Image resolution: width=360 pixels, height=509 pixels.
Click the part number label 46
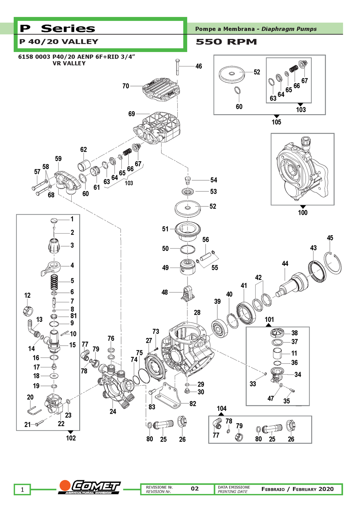click(x=199, y=66)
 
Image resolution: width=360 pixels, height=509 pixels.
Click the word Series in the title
click(x=68, y=28)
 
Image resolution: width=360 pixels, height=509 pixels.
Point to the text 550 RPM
click(x=226, y=42)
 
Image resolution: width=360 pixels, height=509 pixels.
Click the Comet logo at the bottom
click(x=90, y=487)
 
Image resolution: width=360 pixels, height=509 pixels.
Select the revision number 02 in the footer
click(x=195, y=489)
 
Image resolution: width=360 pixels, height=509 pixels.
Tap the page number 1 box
click(x=22, y=490)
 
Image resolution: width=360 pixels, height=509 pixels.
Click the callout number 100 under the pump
click(x=303, y=213)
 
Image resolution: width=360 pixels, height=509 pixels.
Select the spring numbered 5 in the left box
click(x=55, y=282)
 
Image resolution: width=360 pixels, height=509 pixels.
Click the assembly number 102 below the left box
click(x=71, y=438)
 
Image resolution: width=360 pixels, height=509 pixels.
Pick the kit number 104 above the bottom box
click(x=222, y=409)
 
